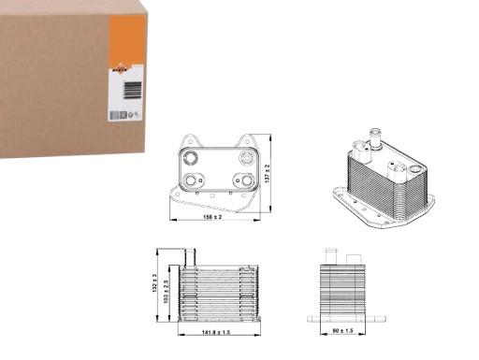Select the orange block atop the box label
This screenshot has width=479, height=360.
(128, 38)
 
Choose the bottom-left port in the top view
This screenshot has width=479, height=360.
(194, 180)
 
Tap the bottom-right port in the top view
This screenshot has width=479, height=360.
(245, 180)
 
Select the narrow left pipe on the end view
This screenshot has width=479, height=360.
(328, 254)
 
